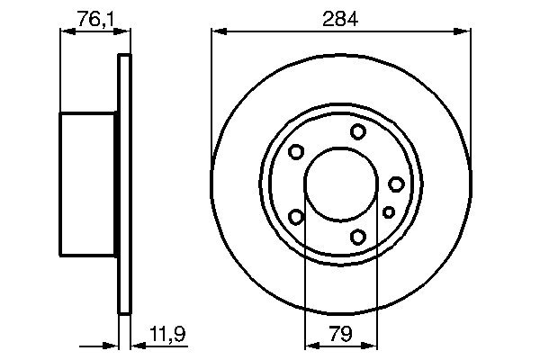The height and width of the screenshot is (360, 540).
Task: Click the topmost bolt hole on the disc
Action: (358, 132)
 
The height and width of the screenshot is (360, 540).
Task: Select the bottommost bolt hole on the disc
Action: (358, 236)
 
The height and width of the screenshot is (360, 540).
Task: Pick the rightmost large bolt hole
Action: (396, 184)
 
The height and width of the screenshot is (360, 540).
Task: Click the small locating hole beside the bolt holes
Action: (389, 211)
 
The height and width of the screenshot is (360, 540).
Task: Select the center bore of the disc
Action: (340, 184)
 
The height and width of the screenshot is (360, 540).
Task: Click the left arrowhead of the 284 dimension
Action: (217, 32)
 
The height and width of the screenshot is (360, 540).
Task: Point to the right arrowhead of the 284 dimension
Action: (465, 32)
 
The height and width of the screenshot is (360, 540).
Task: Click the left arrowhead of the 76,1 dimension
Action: (65, 32)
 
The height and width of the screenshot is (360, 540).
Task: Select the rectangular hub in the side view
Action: (88, 184)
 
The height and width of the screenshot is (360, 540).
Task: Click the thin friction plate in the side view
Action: (125, 184)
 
